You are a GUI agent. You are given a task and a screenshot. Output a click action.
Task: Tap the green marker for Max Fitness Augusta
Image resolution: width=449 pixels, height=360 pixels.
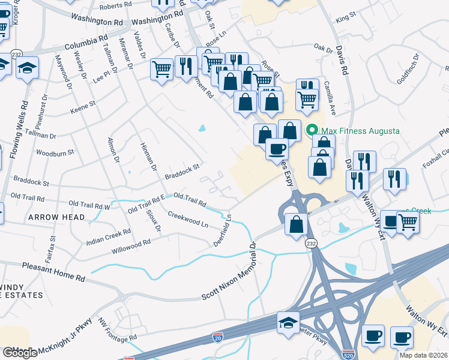[x=312, y=130]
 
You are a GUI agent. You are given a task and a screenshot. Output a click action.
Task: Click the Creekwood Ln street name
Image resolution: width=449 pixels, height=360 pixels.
[x=188, y=219]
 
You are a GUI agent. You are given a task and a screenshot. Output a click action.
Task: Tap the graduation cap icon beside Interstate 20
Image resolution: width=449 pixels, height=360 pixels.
[x=288, y=322]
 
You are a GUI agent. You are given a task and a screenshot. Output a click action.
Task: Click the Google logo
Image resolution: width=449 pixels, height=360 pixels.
[x=20, y=352]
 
